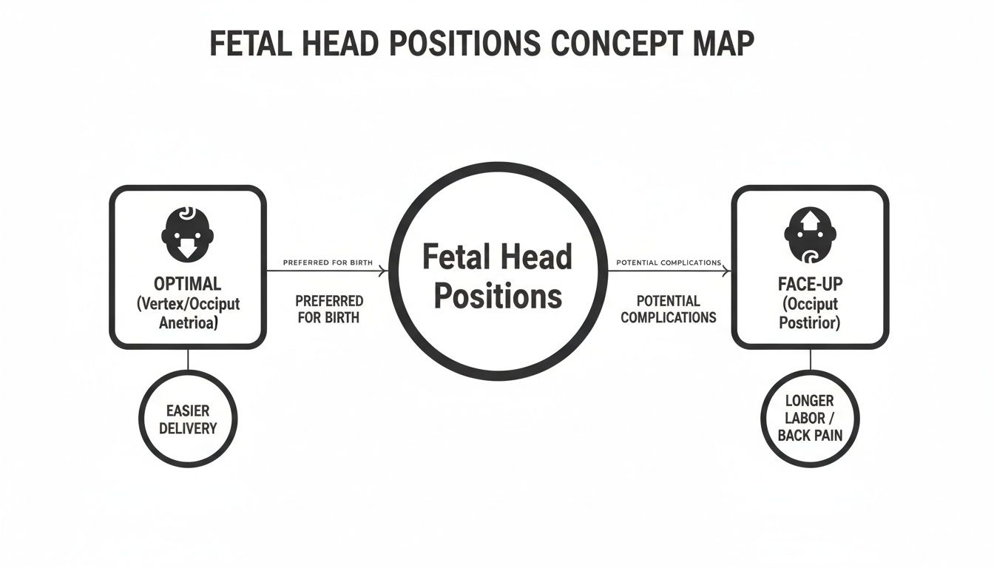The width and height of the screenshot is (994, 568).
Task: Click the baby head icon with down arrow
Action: tap(188, 231)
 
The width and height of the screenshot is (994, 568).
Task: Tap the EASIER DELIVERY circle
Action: tap(188, 419)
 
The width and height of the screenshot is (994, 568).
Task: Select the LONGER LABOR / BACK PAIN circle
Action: tap(810, 418)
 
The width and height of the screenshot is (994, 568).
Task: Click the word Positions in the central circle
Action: tap(497, 297)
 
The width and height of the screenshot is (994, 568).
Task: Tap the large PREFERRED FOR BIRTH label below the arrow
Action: tap(328, 309)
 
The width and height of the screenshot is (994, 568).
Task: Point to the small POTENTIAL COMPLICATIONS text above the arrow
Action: tap(668, 263)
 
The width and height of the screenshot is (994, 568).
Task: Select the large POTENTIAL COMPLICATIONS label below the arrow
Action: tap(668, 309)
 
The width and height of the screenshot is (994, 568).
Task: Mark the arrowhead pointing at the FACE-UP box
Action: tap(727, 271)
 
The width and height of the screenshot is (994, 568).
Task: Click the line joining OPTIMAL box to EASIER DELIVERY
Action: tap(188, 359)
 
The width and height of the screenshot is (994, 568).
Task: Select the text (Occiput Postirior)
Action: tap(810, 314)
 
